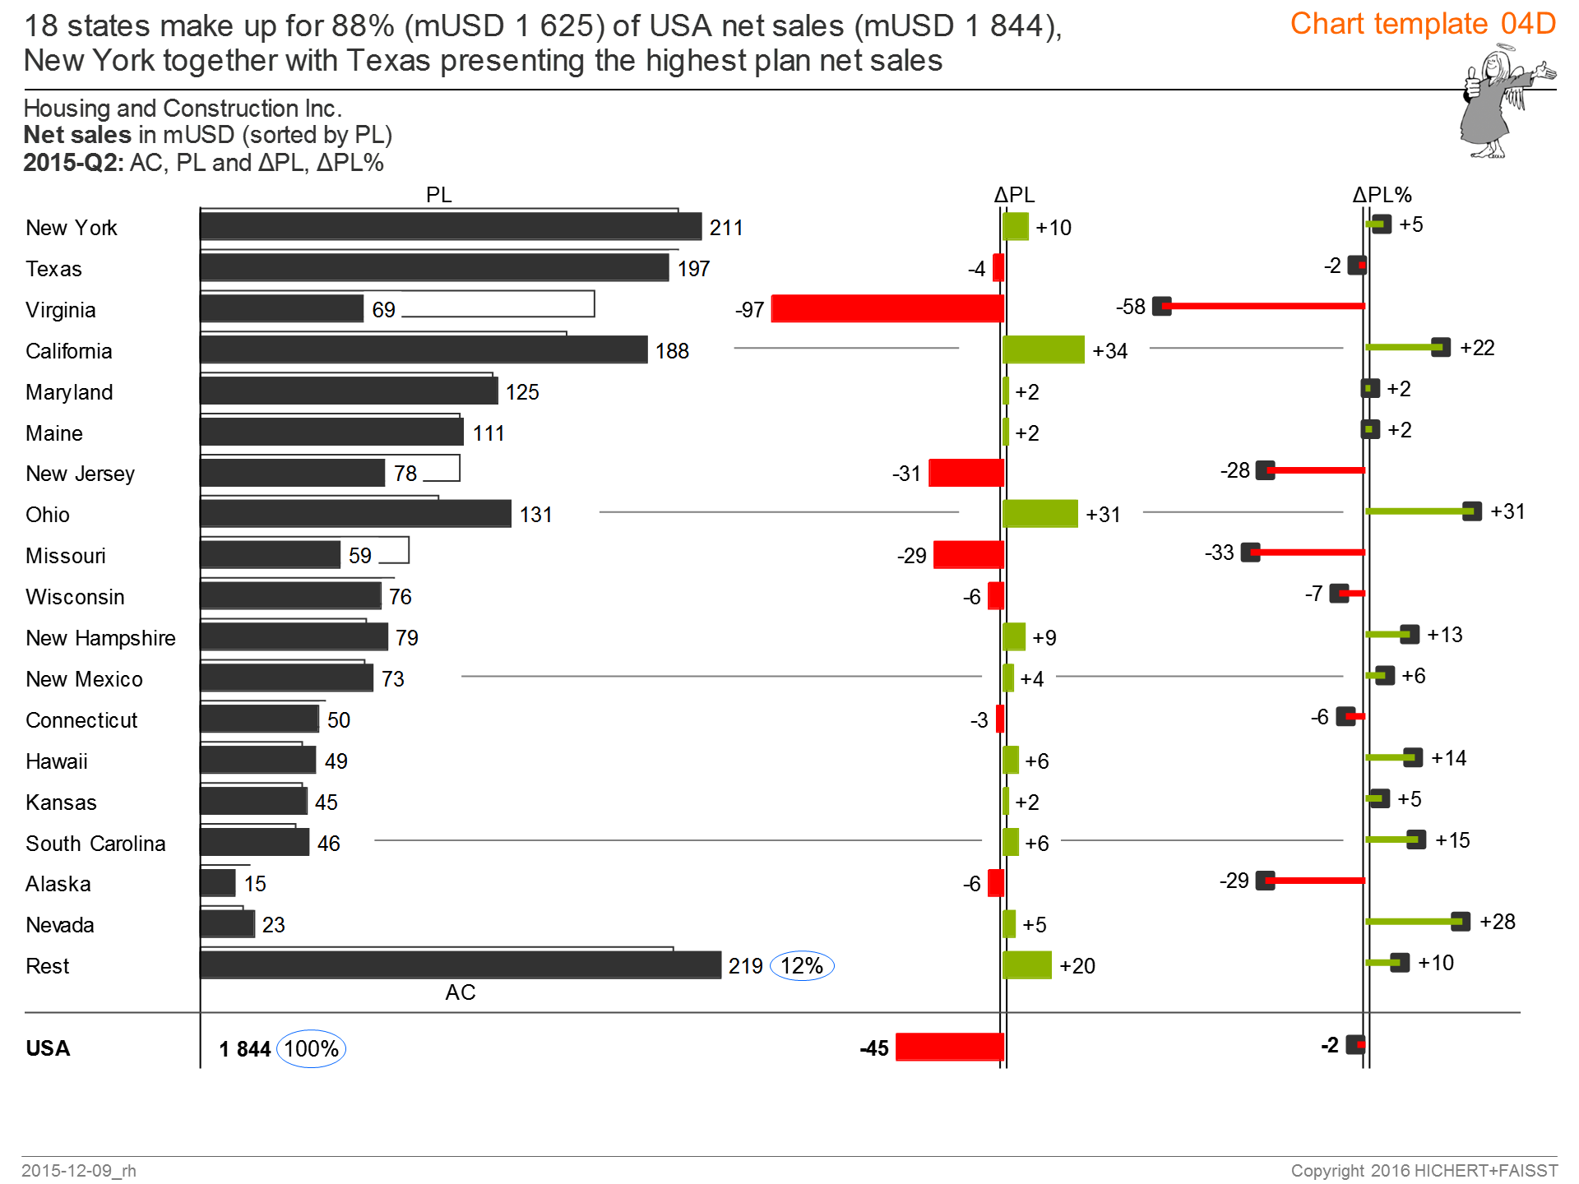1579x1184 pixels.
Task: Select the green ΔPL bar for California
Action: pos(1043,349)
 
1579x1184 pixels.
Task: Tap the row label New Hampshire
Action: pos(100,638)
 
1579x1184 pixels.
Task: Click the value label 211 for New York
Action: pos(726,228)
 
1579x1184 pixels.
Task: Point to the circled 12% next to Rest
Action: pos(802,965)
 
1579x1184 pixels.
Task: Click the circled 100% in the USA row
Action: pos(311,1048)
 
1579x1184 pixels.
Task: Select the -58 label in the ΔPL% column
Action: pos(1130,307)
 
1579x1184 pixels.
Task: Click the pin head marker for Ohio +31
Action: pos(1472,511)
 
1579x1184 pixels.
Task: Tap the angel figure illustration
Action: pos(1497,103)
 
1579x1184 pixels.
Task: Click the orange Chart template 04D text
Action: pos(1423,24)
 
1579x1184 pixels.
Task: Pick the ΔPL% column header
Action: pos(1382,195)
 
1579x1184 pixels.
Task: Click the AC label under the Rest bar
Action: pos(460,992)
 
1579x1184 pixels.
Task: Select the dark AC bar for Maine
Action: pos(331,432)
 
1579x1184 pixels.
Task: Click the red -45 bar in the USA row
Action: pos(949,1047)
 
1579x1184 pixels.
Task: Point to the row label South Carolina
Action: pos(95,844)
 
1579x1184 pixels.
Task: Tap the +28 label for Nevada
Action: pos(1497,922)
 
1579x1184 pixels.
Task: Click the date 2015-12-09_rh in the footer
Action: pos(79,1170)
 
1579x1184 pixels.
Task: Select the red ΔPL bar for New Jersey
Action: pos(965,473)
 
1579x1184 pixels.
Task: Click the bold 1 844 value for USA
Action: pos(244,1049)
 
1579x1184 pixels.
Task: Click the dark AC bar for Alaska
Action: pos(218,883)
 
